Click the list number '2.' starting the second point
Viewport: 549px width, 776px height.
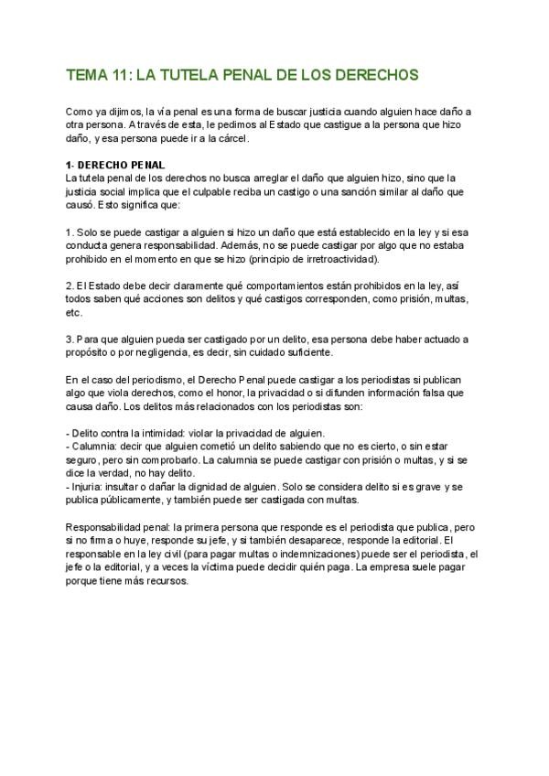(72, 286)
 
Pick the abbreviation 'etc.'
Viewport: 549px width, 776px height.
(75, 312)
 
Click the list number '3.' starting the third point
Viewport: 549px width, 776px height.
(72, 339)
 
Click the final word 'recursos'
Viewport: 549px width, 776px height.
(167, 580)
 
